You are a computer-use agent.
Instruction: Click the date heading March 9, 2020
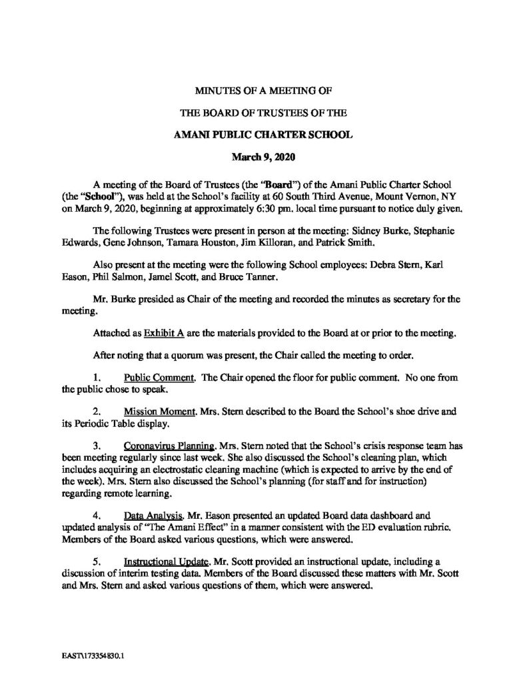pyautogui.click(x=263, y=158)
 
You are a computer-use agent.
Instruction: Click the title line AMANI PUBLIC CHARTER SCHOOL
pyautogui.click(x=263, y=135)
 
